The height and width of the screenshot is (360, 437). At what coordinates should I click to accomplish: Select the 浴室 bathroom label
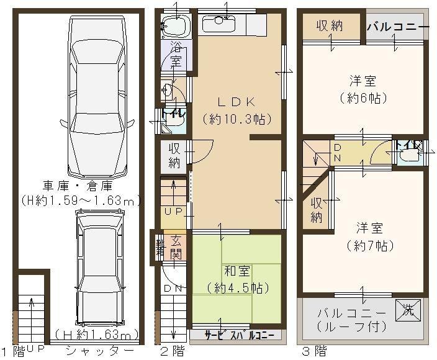(176, 54)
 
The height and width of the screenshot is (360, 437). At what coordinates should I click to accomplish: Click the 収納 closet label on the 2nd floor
(174, 155)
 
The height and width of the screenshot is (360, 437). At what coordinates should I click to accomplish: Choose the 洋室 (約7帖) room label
(362, 236)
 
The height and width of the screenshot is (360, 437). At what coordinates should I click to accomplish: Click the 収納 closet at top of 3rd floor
(330, 25)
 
